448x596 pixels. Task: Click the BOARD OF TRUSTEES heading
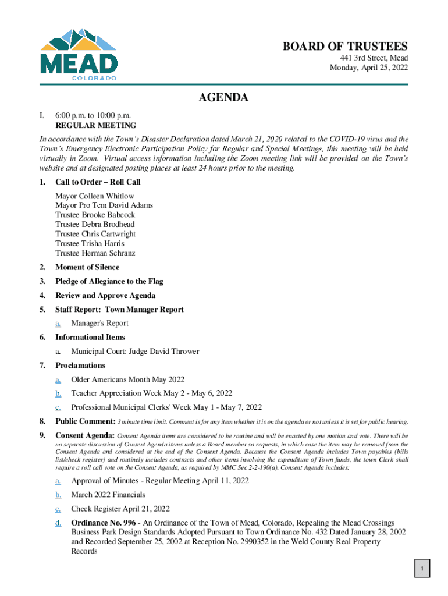point(345,47)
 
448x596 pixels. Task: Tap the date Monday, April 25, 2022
point(369,68)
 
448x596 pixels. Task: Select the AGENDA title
point(224,98)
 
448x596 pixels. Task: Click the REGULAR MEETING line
point(95,125)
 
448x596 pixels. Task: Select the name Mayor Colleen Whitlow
point(94,196)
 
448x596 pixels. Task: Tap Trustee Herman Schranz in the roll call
point(96,253)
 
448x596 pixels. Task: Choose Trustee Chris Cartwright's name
point(95,234)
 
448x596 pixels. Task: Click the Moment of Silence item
point(87,267)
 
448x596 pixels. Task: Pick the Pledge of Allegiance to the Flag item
point(109,281)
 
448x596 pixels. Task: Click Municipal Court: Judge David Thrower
point(135,351)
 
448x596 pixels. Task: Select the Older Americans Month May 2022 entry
point(128,379)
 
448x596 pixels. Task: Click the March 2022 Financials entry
point(108,495)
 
